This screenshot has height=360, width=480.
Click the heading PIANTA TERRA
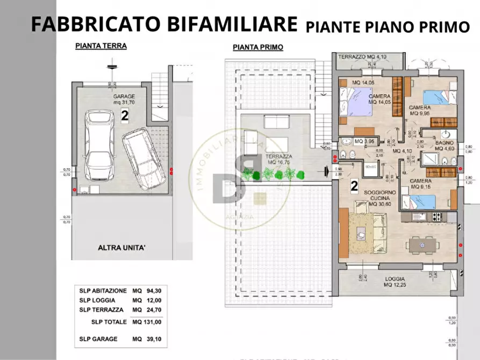pos(101,46)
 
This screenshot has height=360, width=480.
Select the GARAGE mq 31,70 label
pos(124,99)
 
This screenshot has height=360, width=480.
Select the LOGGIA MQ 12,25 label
pos(395,282)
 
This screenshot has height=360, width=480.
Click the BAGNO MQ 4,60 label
pos(445,145)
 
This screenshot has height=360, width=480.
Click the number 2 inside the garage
pos(124,114)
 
